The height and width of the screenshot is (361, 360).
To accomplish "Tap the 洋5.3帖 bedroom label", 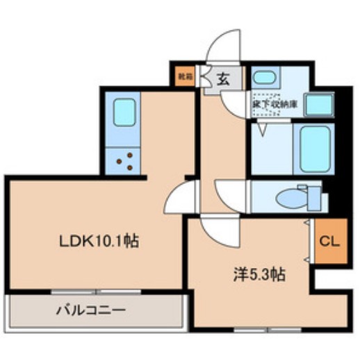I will point(258,275).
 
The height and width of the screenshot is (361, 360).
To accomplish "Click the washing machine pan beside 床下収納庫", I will point(320,104).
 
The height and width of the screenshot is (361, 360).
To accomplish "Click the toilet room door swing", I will point(227,191).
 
